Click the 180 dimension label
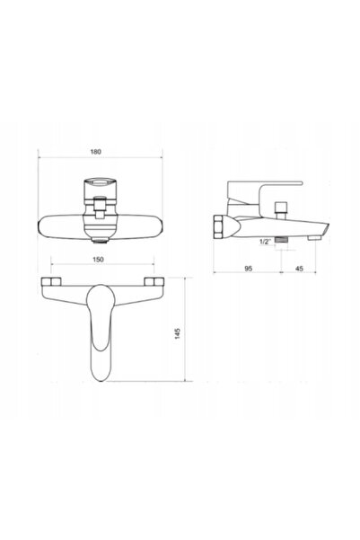96,152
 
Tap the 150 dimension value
98,260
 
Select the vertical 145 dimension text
177,333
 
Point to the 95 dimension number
248,269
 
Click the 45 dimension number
300,269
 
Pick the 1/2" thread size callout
266,242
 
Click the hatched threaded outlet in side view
282,240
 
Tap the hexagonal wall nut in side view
218,227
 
